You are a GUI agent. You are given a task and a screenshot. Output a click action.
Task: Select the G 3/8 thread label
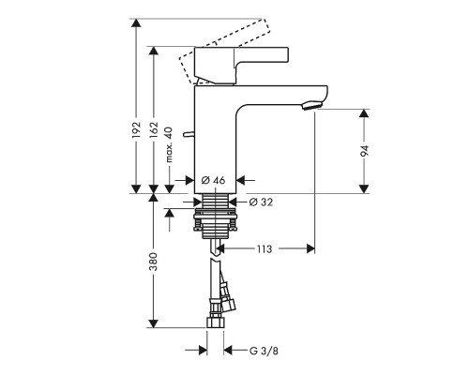click(x=263, y=351)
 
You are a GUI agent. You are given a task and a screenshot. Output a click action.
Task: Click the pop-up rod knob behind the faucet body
click(x=187, y=135)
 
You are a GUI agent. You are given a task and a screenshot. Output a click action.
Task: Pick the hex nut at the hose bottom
click(x=215, y=325)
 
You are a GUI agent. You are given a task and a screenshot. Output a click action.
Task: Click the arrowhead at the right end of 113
click(x=309, y=249)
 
